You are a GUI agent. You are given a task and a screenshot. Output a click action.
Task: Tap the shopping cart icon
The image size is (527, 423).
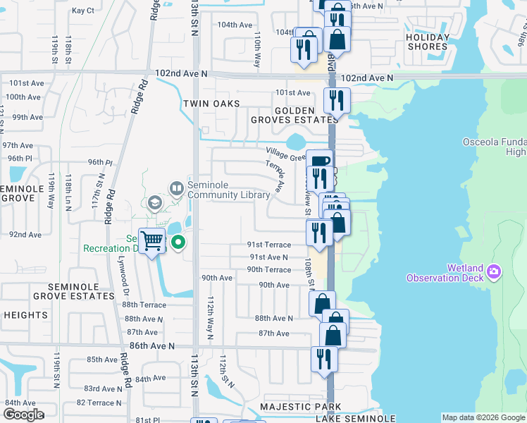coord(152,241)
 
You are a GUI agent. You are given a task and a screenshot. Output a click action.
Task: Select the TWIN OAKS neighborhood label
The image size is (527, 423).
coord(212,104)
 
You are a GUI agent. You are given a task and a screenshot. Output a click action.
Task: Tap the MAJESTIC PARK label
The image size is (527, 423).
coord(300,407)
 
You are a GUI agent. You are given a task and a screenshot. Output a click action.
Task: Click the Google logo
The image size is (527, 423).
coord(23,415)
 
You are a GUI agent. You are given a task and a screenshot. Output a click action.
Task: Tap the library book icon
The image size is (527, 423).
coord(176,188)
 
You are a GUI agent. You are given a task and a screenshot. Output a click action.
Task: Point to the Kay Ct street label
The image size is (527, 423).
coord(83,11)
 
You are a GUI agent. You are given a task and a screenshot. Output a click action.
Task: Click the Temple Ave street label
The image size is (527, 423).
coord(275,177)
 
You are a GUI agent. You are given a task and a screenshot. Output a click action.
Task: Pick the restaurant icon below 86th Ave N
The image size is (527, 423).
coord(324,357)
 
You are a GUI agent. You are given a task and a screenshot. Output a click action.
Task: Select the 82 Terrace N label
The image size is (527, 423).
coord(99,403)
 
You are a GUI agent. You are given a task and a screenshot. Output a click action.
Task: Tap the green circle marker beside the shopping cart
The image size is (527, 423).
coord(179,243)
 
